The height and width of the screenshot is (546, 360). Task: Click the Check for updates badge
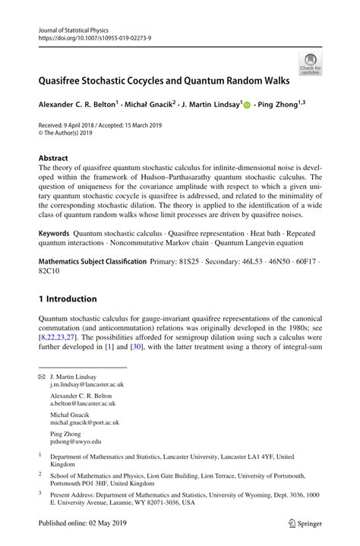[311, 63]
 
